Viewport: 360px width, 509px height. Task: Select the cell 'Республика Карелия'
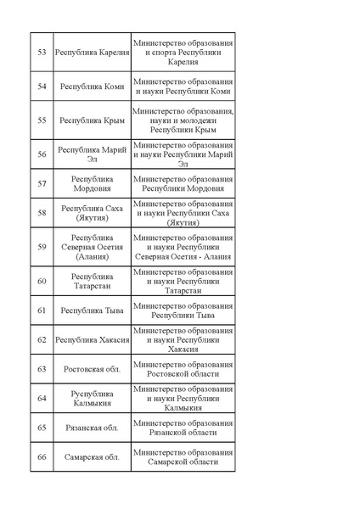[92, 53]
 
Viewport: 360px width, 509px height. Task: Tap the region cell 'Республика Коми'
[92, 87]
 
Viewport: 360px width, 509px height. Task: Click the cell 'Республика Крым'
[92, 120]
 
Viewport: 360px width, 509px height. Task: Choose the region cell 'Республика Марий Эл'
[92, 154]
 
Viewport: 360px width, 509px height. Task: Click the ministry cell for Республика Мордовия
[183, 184]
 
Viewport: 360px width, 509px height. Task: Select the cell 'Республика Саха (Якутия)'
[92, 213]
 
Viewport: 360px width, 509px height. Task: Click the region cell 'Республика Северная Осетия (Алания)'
[92, 247]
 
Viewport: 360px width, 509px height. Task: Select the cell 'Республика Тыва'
[92, 310]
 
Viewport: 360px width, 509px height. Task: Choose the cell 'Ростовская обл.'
[92, 369]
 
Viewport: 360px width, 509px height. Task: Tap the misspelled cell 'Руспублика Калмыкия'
[92, 398]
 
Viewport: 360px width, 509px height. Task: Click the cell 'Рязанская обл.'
[92, 428]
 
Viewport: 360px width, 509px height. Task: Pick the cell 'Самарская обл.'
[92, 456]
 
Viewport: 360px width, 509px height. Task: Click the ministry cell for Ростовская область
[183, 369]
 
